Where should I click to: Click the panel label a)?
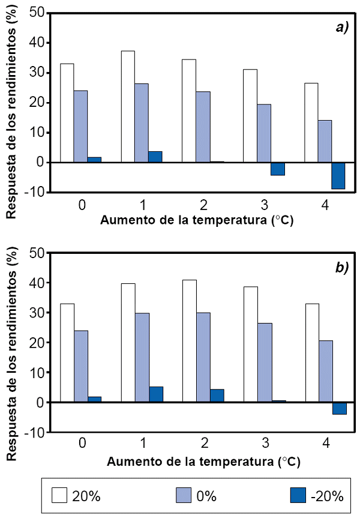(x=342, y=28)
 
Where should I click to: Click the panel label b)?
(x=342, y=268)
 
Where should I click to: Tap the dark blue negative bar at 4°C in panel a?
(x=338, y=175)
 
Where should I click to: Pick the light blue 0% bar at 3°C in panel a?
(x=265, y=133)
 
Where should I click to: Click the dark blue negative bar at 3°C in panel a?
(x=278, y=169)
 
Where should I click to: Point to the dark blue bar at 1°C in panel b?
(x=155, y=394)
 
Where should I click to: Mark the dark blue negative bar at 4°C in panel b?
(x=339, y=408)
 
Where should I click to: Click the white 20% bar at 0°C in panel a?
(x=67, y=113)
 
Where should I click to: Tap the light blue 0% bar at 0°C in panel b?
(x=81, y=366)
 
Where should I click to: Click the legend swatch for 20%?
(x=59, y=495)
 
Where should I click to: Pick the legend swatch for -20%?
(x=298, y=495)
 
